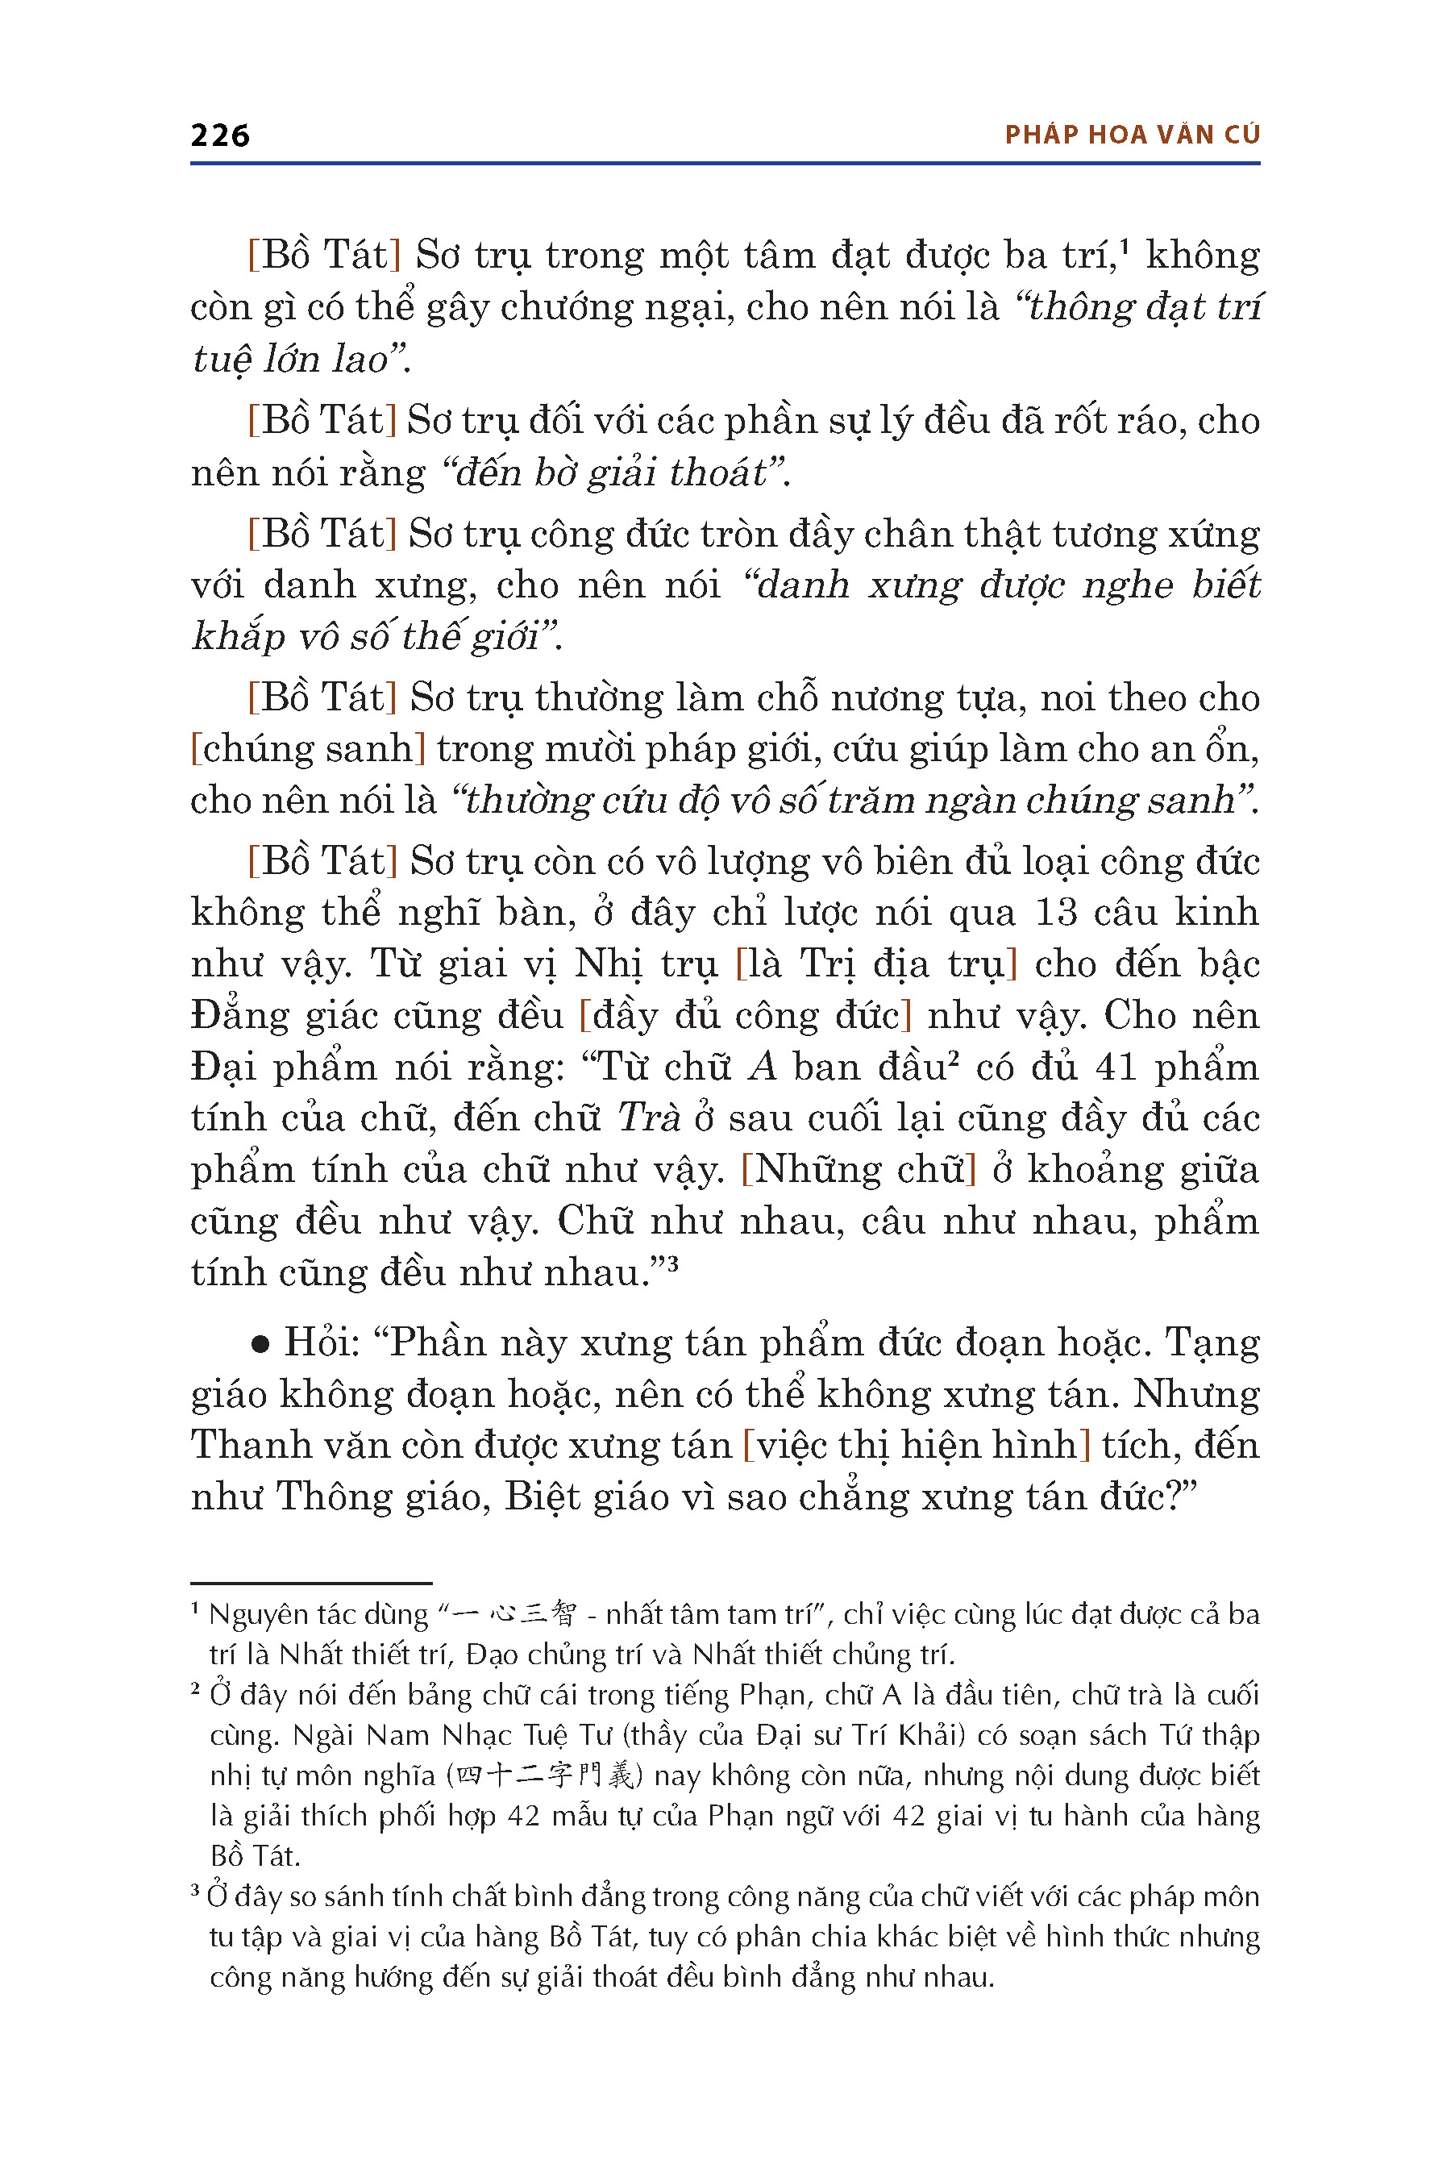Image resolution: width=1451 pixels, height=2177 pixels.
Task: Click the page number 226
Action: tap(219, 135)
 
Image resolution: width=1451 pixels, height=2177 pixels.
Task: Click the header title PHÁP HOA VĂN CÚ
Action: tap(1132, 135)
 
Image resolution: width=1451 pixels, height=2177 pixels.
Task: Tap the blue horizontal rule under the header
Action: tap(725, 164)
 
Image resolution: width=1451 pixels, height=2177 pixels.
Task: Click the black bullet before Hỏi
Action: tap(260, 1345)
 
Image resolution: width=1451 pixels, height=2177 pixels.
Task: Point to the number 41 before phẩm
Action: tap(1115, 1068)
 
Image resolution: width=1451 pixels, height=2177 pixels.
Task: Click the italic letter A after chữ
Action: tap(763, 1068)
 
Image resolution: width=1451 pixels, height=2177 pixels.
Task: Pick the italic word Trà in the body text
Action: tap(649, 1118)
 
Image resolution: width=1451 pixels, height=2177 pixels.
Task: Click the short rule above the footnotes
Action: tap(311, 1584)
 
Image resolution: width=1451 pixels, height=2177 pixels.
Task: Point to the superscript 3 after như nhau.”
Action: tap(673, 1263)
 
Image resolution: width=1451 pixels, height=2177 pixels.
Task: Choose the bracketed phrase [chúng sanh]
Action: tap(307, 749)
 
